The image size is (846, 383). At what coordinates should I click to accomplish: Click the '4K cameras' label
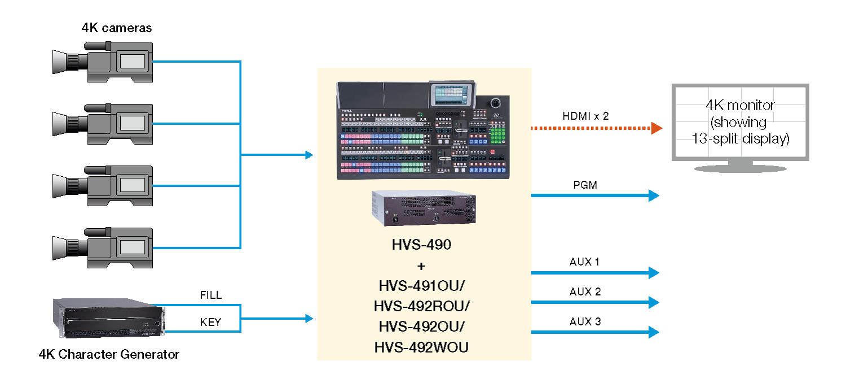click(x=117, y=28)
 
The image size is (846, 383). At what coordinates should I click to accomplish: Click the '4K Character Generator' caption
click(x=109, y=355)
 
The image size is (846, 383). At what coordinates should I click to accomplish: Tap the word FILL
click(x=211, y=295)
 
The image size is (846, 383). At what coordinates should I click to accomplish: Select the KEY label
click(x=211, y=323)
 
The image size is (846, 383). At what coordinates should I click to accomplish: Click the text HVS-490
click(x=422, y=246)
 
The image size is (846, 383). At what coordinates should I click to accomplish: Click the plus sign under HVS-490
click(x=422, y=266)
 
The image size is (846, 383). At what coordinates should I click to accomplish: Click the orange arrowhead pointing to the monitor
click(x=656, y=128)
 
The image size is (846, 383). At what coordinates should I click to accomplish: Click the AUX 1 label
click(x=584, y=262)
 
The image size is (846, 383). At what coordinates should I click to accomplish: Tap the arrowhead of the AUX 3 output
click(x=654, y=332)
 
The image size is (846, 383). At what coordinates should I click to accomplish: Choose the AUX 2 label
click(x=585, y=292)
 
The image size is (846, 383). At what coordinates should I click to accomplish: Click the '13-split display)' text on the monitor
click(x=741, y=139)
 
